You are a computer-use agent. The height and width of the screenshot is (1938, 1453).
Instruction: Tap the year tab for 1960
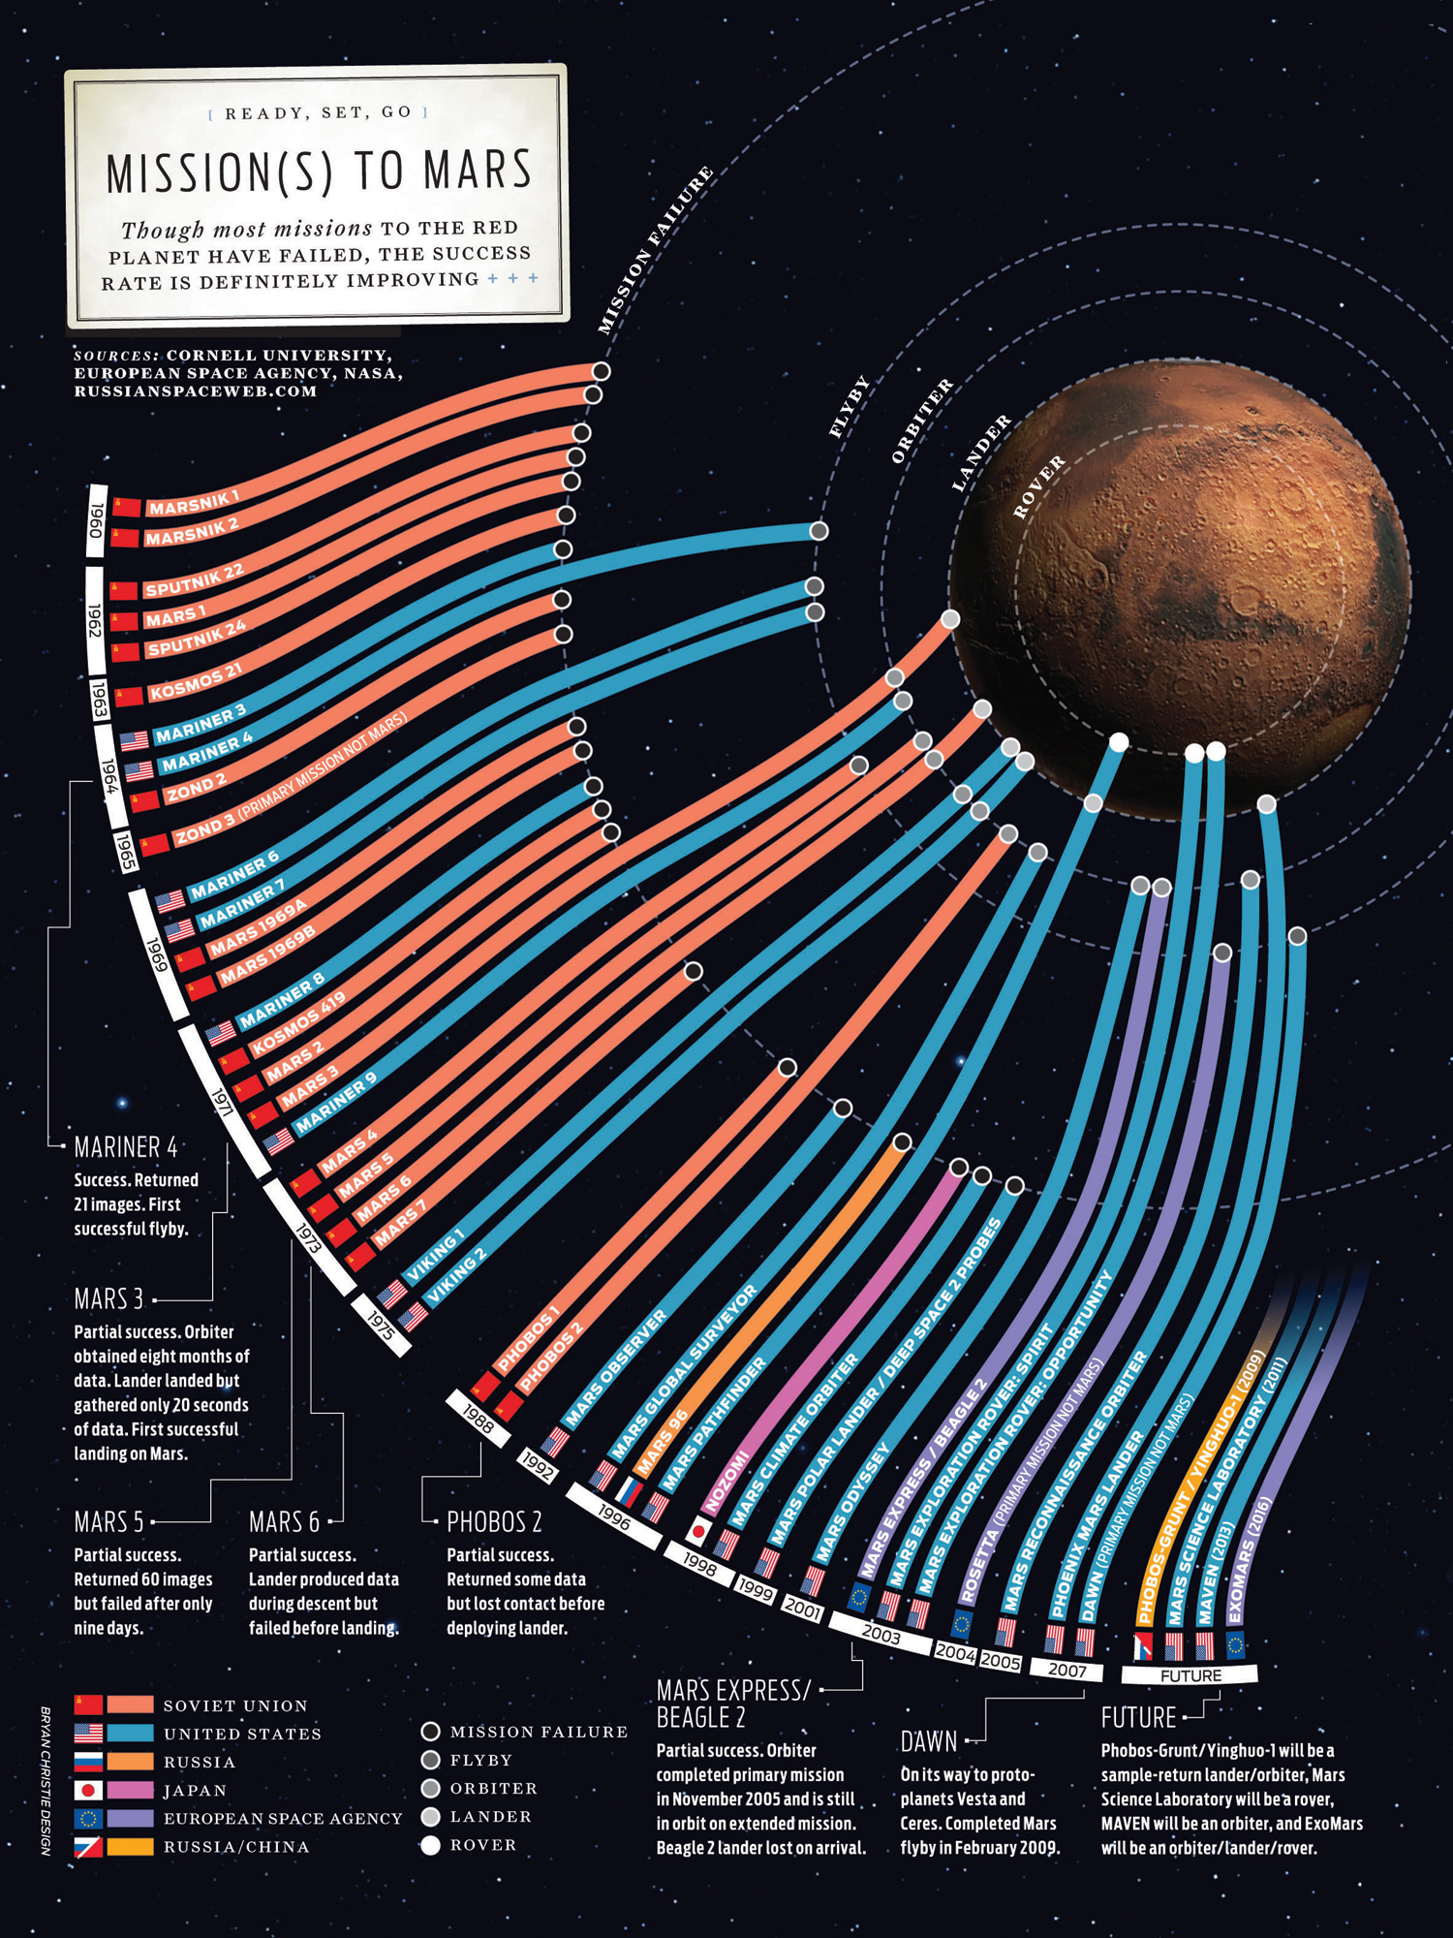(x=96, y=520)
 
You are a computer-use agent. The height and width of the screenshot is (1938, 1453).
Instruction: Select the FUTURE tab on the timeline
(x=1190, y=1675)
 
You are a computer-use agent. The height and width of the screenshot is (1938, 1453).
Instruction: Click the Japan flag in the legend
(x=88, y=1791)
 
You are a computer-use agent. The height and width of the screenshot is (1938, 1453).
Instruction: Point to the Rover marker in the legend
(x=431, y=1845)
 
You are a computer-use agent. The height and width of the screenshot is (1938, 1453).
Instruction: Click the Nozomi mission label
(x=726, y=1481)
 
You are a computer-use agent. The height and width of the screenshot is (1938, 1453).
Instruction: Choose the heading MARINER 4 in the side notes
(x=126, y=1147)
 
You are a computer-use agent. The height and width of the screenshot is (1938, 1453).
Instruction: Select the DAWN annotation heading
(x=929, y=1741)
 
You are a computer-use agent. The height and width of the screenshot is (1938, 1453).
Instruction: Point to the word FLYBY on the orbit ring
(x=850, y=407)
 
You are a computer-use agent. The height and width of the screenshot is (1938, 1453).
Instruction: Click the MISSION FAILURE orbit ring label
(x=654, y=250)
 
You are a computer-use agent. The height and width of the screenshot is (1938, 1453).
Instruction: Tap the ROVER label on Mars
(x=1038, y=486)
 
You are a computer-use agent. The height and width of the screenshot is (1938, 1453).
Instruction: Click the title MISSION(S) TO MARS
(x=319, y=172)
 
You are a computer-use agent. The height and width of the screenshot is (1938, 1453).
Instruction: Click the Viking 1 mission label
(x=436, y=1256)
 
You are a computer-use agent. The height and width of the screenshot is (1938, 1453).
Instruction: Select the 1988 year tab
(x=478, y=1418)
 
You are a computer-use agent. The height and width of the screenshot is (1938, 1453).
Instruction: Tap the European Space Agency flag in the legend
(x=88, y=1819)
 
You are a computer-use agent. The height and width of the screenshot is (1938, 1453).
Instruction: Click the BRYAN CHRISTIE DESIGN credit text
(x=46, y=1781)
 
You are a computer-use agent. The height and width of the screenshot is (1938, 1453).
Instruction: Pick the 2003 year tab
(x=881, y=1635)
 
